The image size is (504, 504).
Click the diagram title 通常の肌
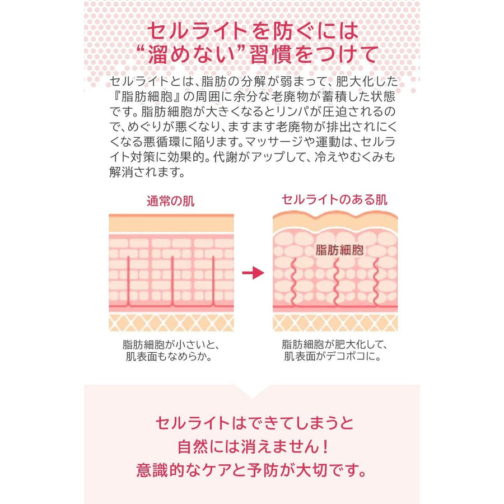click(x=171, y=200)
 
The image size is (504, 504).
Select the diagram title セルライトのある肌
click(x=334, y=199)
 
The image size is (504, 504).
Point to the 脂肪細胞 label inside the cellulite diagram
click(x=340, y=250)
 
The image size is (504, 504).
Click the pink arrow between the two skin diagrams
click(x=253, y=273)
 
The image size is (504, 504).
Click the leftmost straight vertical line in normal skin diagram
click(x=129, y=280)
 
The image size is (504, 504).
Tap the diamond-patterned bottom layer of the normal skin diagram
click(x=171, y=322)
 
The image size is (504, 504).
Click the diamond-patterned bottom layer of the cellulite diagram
click(x=335, y=322)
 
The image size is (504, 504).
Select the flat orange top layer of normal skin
click(x=171, y=224)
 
